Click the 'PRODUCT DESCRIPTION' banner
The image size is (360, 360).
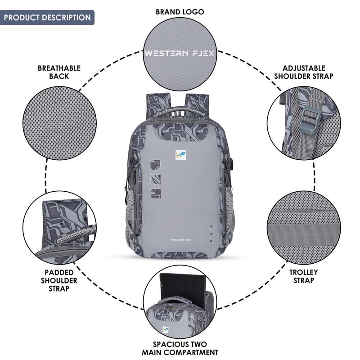pyautogui.click(x=47, y=18)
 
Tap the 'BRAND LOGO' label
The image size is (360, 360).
pyautogui.click(x=180, y=12)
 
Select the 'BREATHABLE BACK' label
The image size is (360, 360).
pyautogui.click(x=59, y=72)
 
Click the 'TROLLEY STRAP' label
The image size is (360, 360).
pyautogui.click(x=303, y=276)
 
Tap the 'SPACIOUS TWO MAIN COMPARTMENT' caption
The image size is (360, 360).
pyautogui.click(x=180, y=348)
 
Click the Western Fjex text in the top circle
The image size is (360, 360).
pyautogui.click(x=180, y=53)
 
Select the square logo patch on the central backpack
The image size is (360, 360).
pyautogui.click(x=180, y=155)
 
